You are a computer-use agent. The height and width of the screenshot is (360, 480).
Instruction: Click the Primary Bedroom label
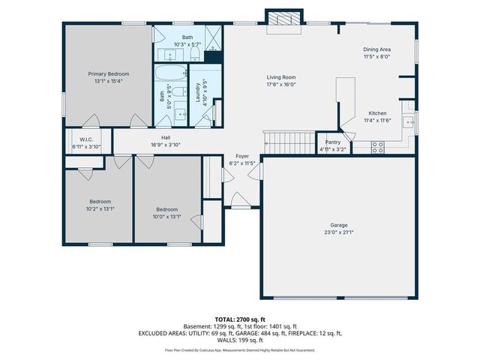[x=109, y=73]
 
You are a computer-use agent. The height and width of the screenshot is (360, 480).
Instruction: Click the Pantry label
[x=332, y=142]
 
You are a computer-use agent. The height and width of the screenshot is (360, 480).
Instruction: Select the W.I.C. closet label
[x=85, y=139]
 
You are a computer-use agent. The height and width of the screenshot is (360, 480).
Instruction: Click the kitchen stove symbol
[x=378, y=147]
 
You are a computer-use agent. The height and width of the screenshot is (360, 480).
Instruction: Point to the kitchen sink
[x=408, y=122]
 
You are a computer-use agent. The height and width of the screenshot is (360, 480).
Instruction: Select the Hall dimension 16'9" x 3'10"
[x=165, y=145]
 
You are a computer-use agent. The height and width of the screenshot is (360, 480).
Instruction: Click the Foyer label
[x=242, y=156]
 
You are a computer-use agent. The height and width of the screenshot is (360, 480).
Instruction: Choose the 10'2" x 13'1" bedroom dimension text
[x=100, y=209]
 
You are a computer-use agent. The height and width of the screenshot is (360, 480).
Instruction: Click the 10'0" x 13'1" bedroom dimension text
[x=166, y=217]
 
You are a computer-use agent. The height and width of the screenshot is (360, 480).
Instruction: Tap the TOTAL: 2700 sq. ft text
[x=240, y=319]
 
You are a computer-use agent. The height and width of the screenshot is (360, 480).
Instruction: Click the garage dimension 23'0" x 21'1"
[x=339, y=232]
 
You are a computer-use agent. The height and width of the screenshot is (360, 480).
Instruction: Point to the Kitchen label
[x=377, y=113]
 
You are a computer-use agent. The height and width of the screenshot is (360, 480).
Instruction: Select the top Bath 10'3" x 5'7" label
[x=187, y=44]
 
